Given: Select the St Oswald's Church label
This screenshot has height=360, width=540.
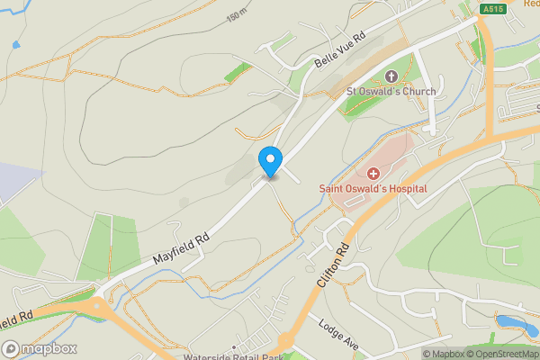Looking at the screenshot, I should (391, 92).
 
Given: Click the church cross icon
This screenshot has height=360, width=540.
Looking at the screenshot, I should (391, 76).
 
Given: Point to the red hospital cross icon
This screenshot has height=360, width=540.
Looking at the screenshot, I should (373, 171).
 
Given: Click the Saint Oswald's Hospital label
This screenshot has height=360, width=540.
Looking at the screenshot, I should (373, 188).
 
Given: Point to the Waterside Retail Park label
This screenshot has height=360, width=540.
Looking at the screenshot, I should (233, 355).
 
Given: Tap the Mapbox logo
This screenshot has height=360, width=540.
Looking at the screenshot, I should (40, 348).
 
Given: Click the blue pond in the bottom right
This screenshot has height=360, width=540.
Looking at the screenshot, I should (510, 322).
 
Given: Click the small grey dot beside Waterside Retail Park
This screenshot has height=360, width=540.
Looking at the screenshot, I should (234, 346).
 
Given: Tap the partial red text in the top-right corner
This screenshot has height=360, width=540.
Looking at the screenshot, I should (531, 4).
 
